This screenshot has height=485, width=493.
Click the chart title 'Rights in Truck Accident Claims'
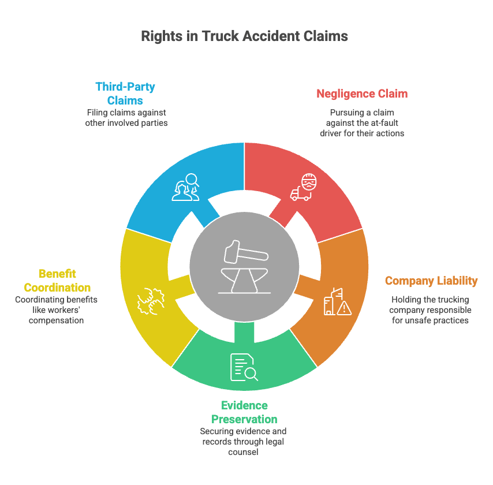click(244, 36)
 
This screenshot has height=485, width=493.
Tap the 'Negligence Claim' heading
click(362, 94)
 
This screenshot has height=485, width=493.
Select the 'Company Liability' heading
click(431, 281)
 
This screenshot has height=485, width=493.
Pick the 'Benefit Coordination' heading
click(57, 280)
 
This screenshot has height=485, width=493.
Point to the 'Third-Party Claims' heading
click(125, 94)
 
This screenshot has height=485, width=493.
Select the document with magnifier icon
click(244, 367)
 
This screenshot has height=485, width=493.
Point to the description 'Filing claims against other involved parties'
click(126, 118)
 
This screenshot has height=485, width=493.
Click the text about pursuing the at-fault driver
click(362, 122)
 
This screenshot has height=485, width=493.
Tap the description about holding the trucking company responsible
click(431, 309)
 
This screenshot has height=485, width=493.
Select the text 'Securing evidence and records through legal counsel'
click(243, 442)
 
